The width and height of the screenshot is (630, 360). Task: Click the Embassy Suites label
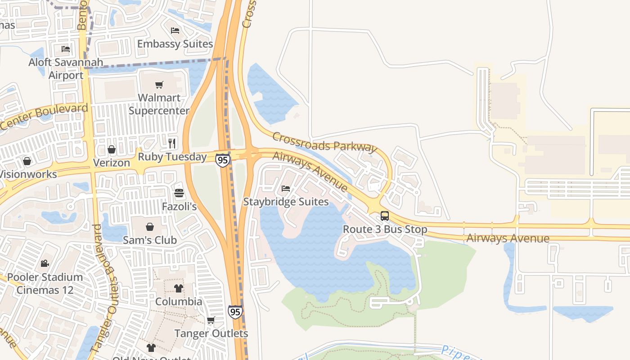[x=175, y=44]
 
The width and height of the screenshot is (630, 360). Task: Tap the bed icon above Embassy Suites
[x=175, y=31]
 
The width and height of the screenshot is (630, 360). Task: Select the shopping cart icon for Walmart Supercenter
[x=159, y=85]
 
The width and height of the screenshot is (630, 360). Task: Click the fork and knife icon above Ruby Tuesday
[x=172, y=143]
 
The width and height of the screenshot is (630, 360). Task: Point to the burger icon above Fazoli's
[x=179, y=193]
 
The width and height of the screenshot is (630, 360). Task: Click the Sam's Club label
[x=150, y=240]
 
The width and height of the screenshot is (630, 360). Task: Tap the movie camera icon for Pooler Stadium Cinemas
[x=44, y=264]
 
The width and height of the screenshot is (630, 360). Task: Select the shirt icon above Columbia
[x=179, y=288]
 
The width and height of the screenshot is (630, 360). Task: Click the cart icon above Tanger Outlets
[x=211, y=320]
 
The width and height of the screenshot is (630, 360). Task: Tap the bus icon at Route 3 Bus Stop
[x=385, y=216]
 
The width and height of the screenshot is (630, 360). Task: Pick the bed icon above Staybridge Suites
[x=286, y=189]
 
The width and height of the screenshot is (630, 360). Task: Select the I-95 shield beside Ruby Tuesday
[x=222, y=160]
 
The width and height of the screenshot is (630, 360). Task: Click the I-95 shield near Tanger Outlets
[x=235, y=312]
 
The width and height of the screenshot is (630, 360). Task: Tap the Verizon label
[x=111, y=163]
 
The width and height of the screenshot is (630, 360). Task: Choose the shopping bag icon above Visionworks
[x=27, y=161]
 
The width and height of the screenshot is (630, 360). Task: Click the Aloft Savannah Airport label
[x=66, y=69]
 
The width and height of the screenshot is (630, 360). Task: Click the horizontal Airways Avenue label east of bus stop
[x=508, y=238]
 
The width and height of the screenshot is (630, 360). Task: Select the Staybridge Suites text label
[x=286, y=202]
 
